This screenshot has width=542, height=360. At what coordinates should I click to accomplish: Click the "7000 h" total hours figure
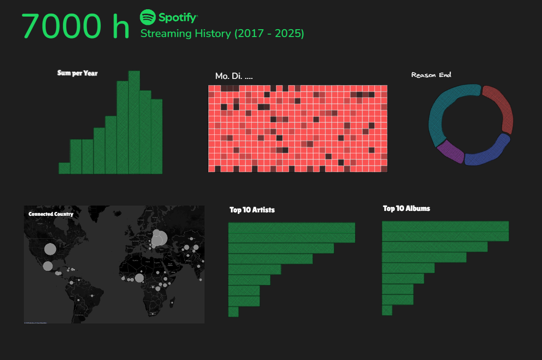(75, 26)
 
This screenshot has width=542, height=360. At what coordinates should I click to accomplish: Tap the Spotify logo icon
(148, 17)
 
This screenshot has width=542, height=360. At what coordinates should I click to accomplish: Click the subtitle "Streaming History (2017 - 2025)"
(222, 34)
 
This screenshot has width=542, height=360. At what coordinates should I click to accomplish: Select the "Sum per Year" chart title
(77, 73)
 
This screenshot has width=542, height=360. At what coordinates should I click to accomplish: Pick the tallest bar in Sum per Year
(134, 122)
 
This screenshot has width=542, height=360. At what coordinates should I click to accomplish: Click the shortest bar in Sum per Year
(64, 168)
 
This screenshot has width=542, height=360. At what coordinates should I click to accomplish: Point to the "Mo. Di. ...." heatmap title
(234, 76)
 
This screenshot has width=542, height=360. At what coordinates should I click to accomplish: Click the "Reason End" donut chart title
(431, 75)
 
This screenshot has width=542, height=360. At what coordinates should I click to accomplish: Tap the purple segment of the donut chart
(450, 152)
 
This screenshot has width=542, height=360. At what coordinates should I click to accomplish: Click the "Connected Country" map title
(51, 214)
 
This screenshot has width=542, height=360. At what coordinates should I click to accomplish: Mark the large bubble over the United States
(50, 249)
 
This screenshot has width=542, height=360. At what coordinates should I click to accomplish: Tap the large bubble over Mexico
(48, 266)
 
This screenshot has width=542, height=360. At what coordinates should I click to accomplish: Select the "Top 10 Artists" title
(252, 210)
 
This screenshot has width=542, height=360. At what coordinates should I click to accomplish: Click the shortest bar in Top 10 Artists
(233, 312)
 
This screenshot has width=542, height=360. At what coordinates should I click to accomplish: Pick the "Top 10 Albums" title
(406, 208)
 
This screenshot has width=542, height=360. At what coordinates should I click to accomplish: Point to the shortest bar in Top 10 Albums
(387, 310)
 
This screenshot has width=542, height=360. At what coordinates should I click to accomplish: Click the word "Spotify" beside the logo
(178, 18)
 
